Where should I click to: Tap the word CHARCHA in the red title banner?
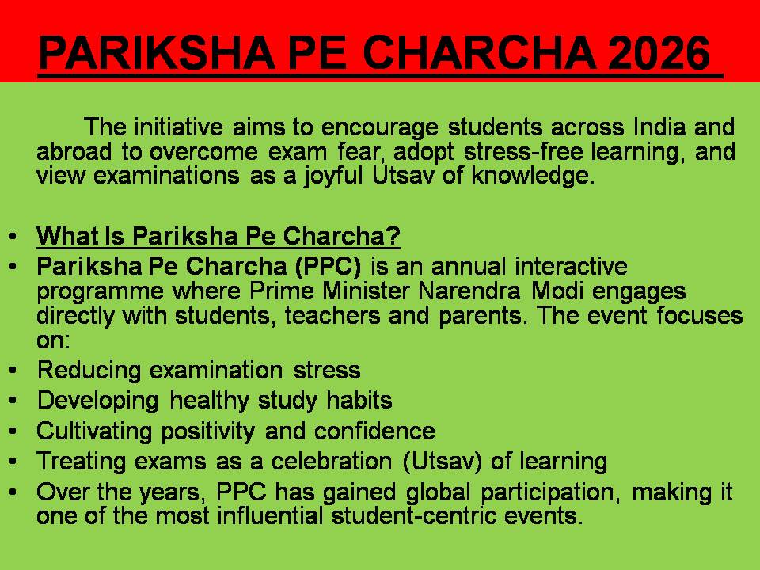479,52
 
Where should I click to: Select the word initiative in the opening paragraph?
178,127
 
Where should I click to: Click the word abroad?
74,151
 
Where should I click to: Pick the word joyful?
333,176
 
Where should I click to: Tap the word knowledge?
533,176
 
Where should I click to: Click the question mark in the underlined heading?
393,236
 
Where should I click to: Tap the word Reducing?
89,370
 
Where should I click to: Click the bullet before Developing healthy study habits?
13,401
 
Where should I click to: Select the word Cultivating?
94,431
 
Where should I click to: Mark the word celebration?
332,462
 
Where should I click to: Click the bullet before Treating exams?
13,461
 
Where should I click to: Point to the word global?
438,492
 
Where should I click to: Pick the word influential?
270,515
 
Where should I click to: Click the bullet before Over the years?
13,492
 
